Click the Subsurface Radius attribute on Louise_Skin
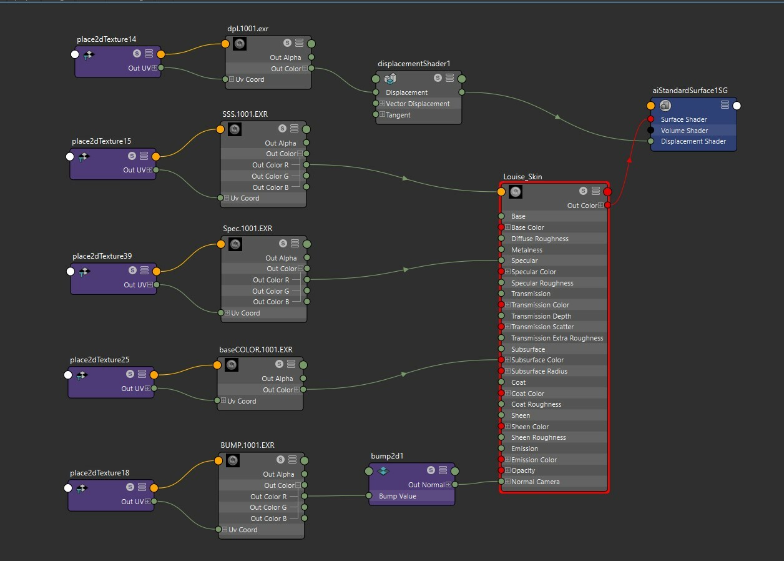coord(539,371)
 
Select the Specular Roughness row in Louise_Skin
coord(542,283)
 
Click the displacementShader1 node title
coord(414,64)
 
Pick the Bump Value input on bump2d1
coord(398,496)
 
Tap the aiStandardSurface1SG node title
coord(690,91)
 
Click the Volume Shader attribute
coord(684,131)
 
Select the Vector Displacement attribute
coord(418,104)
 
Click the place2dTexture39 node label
coord(102,256)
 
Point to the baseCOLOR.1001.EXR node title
coord(256,350)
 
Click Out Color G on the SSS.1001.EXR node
coord(270,176)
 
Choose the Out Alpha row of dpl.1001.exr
coord(285,57)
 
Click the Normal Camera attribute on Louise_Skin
coord(535,482)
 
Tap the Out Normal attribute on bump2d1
coord(426,485)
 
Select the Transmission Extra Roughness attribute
coord(557,338)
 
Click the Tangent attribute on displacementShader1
coord(398,115)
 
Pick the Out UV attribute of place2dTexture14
coord(139,68)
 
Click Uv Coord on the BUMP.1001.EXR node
coord(243,530)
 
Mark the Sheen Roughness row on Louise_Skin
coord(538,437)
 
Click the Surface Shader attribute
coord(684,119)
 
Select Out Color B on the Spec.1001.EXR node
coord(271,302)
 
